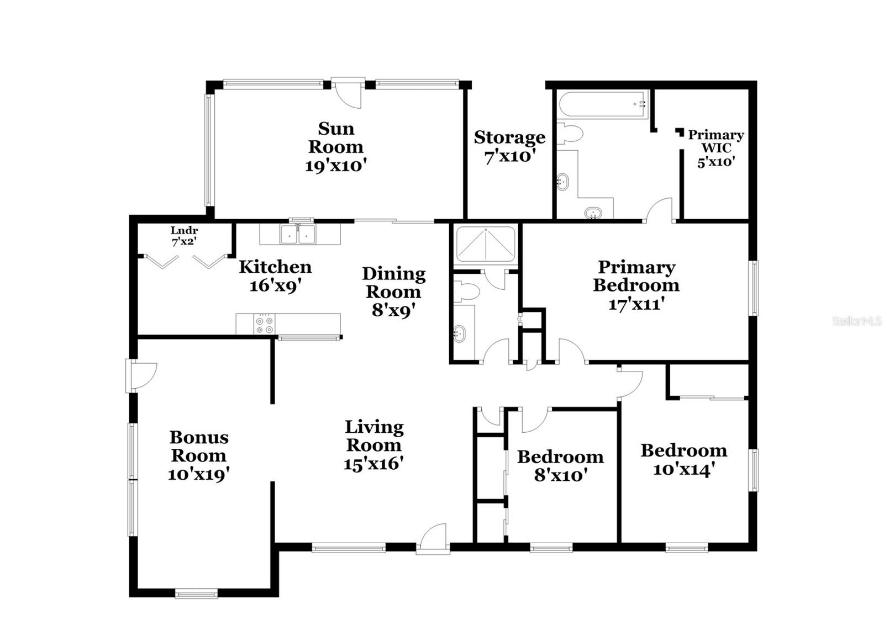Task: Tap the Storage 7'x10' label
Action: (509, 146)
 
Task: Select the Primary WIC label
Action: (715, 141)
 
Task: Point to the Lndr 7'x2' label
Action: (184, 236)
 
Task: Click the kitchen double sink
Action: (298, 234)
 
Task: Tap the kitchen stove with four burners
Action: (265, 323)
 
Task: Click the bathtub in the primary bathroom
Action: (602, 105)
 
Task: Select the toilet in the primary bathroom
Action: (570, 134)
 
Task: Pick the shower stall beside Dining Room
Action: (486, 243)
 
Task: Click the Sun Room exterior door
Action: (349, 91)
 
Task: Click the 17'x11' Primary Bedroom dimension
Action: (636, 304)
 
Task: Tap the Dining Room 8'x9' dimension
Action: (393, 310)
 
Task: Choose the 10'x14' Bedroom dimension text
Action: (684, 470)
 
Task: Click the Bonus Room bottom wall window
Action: (196, 594)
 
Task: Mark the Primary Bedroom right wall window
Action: (754, 288)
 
